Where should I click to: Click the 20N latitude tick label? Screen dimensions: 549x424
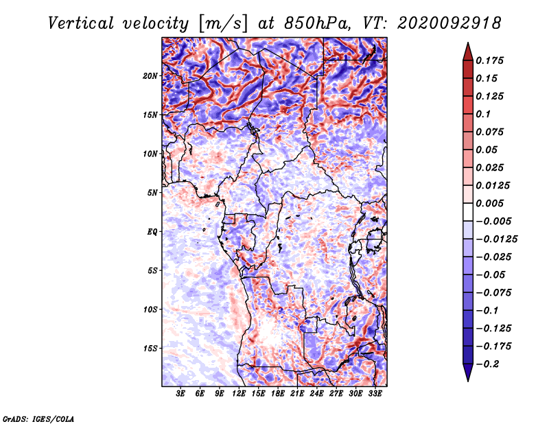click(150, 76)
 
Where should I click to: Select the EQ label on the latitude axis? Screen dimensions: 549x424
click(152, 232)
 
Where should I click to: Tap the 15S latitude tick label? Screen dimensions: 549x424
click(150, 349)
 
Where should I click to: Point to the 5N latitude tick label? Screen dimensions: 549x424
click(152, 193)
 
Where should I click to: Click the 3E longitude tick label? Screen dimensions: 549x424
click(180, 394)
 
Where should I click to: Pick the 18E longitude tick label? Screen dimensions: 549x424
click(278, 394)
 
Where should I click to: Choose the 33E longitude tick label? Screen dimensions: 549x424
click(375, 394)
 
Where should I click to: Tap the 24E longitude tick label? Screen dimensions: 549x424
click(316, 394)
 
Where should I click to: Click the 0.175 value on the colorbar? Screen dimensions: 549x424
click(489, 60)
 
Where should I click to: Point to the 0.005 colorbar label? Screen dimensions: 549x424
click(489, 203)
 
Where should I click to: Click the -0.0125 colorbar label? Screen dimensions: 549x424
click(496, 239)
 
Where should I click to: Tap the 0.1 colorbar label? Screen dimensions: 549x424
click(483, 114)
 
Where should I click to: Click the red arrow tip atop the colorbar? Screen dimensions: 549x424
click(468, 43)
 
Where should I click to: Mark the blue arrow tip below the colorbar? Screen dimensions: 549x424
click(468, 381)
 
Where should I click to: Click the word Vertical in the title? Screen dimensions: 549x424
click(81, 23)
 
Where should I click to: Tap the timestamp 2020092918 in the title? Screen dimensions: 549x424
click(449, 23)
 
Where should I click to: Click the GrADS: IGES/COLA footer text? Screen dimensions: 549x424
click(38, 419)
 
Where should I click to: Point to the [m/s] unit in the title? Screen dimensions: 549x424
click(222, 24)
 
